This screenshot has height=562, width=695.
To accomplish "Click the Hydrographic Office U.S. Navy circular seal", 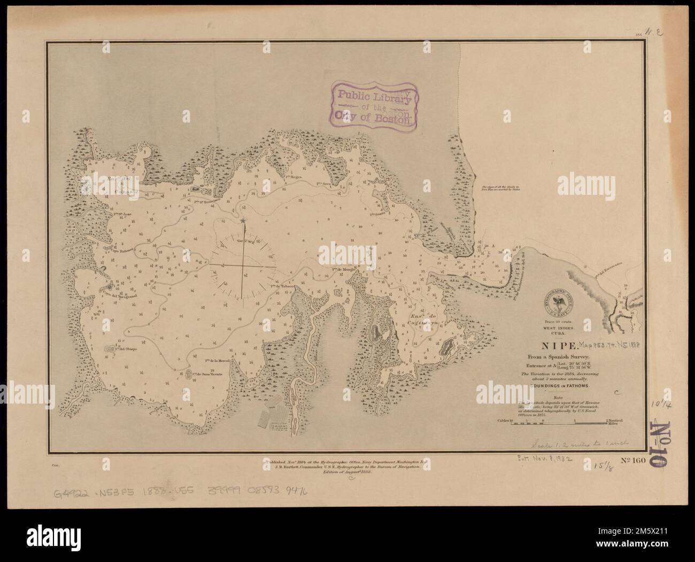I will (561, 301).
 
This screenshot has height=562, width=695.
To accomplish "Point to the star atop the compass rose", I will (243, 221).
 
